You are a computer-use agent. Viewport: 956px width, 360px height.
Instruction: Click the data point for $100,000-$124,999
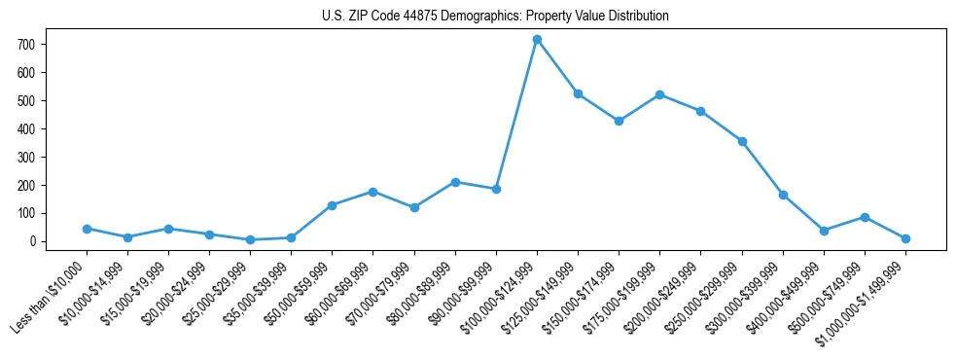click(x=537, y=39)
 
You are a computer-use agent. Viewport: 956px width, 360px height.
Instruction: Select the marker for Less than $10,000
click(x=87, y=229)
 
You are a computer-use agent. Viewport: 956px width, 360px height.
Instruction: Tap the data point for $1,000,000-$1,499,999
click(x=905, y=238)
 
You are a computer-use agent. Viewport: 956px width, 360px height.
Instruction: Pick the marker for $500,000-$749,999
click(x=865, y=217)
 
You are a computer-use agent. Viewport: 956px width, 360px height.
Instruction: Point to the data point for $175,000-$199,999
click(x=659, y=94)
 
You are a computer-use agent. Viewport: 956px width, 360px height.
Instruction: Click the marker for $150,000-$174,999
click(x=619, y=121)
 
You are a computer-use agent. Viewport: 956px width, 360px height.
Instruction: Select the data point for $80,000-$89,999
click(x=455, y=182)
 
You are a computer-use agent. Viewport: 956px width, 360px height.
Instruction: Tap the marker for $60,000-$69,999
click(x=373, y=192)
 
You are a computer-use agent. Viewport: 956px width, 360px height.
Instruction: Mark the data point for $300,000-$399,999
click(x=783, y=195)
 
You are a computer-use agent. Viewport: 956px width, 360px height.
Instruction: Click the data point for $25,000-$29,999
click(x=251, y=239)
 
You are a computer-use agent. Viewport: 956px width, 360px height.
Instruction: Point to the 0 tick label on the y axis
click(x=32, y=241)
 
